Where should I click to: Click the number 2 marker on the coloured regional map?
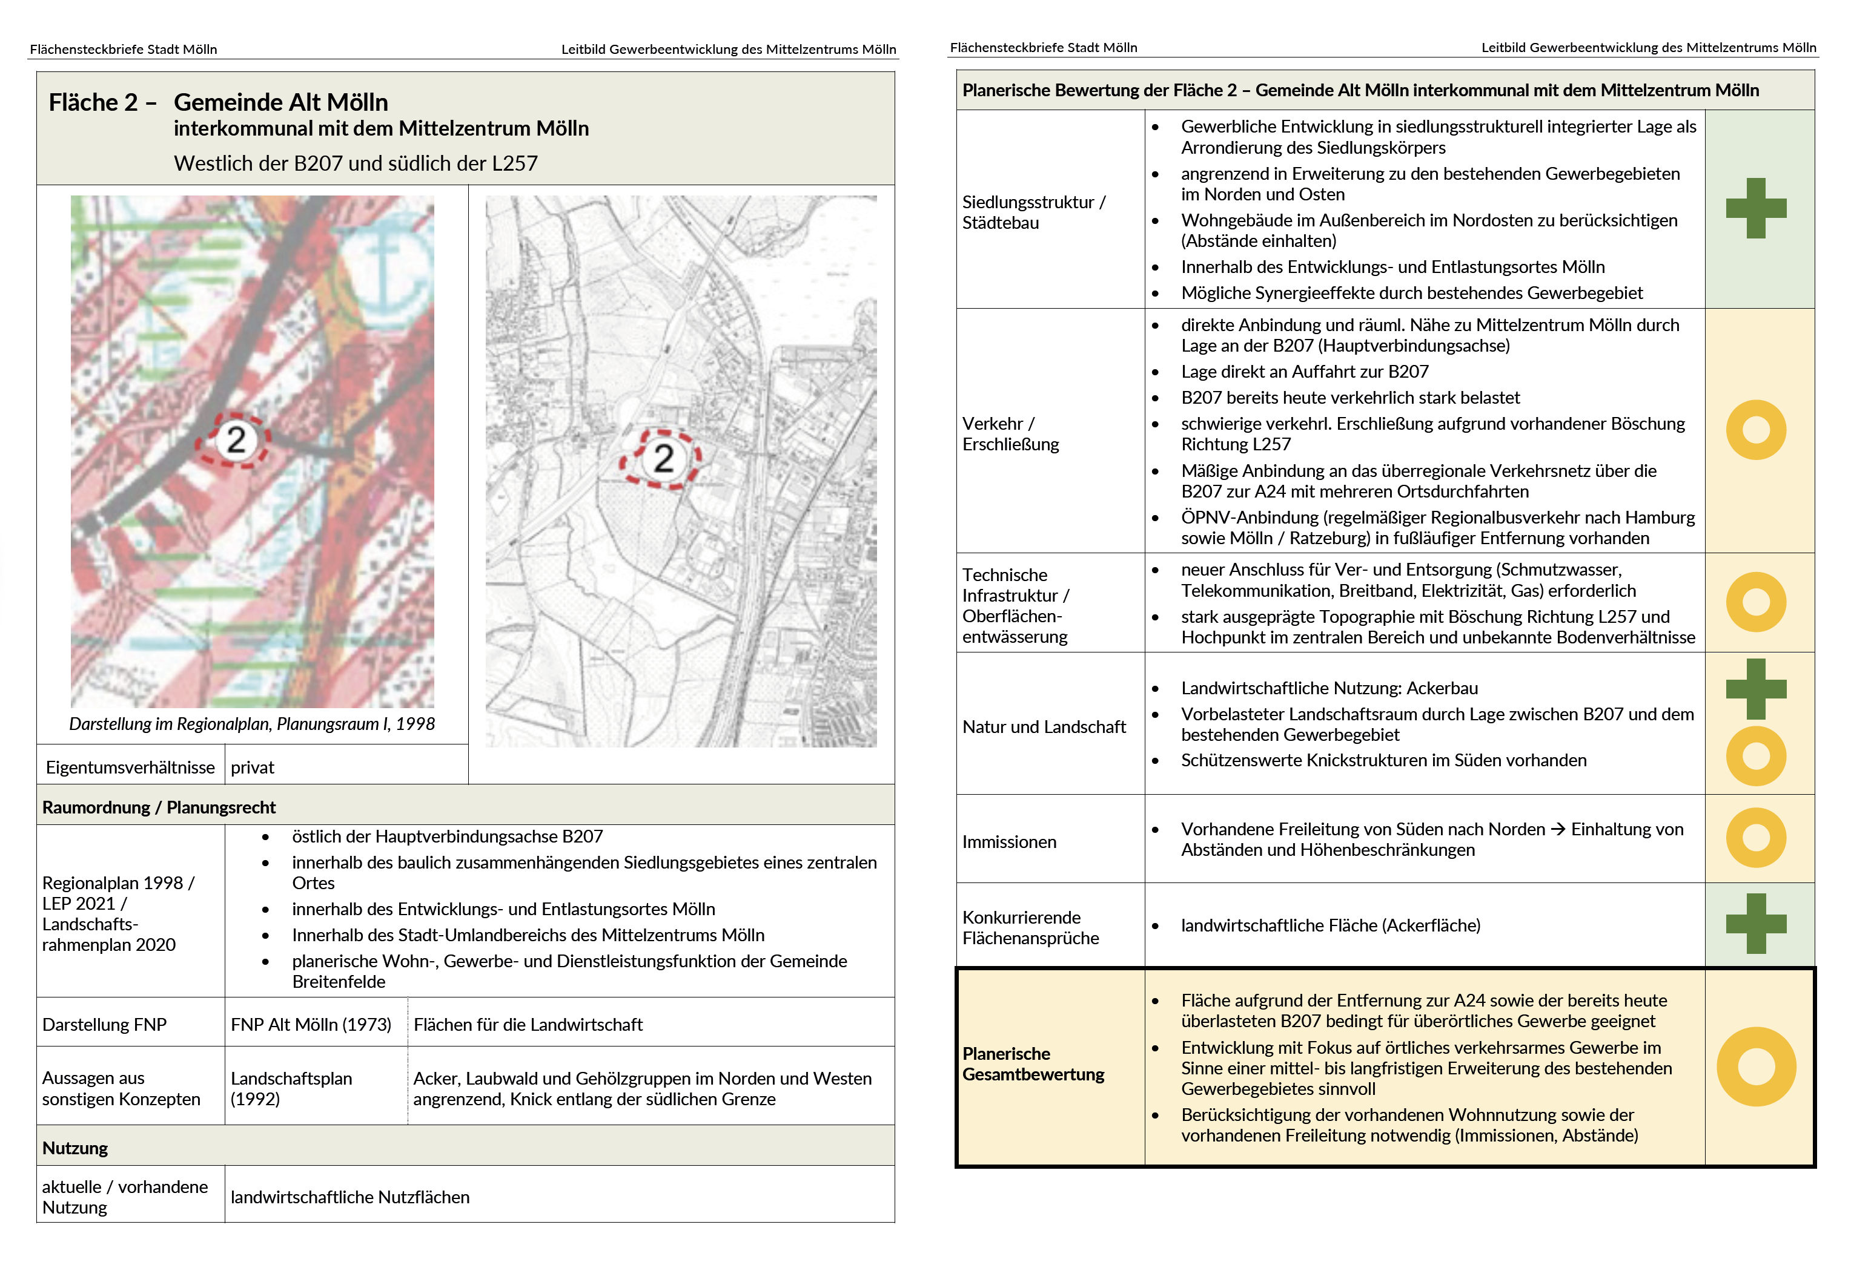236,439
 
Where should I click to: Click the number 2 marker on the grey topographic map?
663,459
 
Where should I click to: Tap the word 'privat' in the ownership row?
252,767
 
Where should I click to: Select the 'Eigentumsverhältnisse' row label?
130,767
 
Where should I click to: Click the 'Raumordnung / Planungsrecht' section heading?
159,807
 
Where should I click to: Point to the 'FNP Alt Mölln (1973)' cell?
311,1025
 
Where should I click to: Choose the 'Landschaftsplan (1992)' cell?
291,1088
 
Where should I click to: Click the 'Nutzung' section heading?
75,1148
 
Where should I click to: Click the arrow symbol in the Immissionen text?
1557,830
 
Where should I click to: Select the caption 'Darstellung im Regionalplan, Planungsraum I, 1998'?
252,724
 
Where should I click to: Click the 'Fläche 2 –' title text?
102,103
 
